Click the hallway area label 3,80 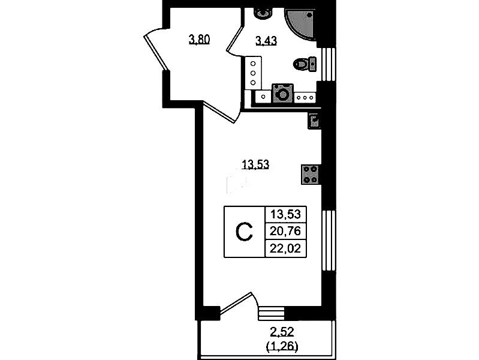point(200,40)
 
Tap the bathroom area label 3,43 point(266,40)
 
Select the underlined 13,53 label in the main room point(255,164)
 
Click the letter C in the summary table point(245,232)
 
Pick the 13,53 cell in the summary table point(285,214)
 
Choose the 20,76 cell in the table point(285,231)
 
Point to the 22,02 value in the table point(285,248)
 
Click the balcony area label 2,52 point(282,331)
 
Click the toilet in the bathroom point(305,64)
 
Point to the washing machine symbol point(283,93)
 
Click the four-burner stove point(311,175)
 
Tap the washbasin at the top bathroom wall point(263,13)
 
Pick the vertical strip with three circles point(253,73)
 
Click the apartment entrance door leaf point(155,53)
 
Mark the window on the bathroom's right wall point(329,64)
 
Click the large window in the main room point(329,241)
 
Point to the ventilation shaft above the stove point(314,121)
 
